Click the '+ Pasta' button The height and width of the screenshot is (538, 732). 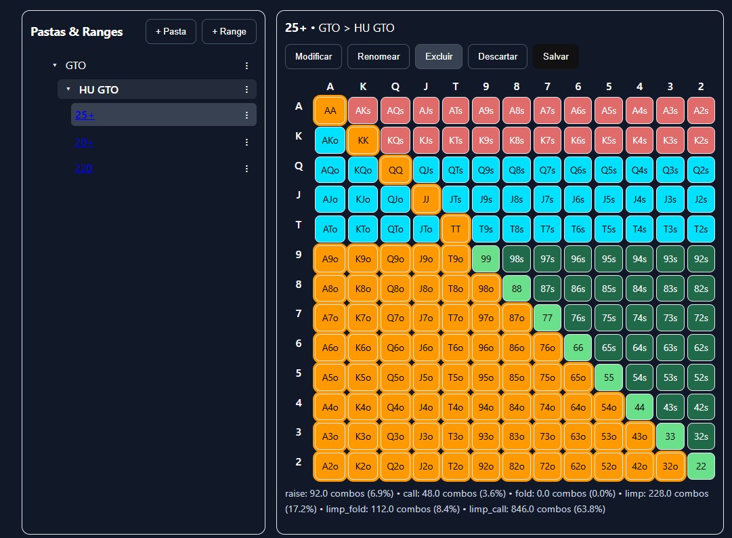(171, 32)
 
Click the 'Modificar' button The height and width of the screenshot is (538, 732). (314, 57)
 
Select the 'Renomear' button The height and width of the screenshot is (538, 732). (379, 57)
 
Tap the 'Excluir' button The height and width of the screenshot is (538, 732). (438, 57)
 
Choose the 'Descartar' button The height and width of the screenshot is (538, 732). (498, 57)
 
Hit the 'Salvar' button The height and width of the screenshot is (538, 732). (555, 57)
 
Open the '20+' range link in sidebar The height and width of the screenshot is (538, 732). (84, 142)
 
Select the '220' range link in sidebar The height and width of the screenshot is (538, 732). (83, 169)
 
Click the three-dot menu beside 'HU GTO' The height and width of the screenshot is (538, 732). (246, 89)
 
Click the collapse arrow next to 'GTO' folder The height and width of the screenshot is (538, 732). (55, 66)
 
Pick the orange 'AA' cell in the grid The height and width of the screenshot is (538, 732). (330, 110)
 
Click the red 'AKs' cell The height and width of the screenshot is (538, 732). (363, 110)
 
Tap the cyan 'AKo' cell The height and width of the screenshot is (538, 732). (330, 140)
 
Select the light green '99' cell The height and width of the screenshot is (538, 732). (486, 259)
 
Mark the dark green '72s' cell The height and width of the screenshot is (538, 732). (701, 318)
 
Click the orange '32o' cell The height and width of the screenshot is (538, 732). (670, 466)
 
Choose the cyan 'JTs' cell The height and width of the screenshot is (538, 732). (456, 200)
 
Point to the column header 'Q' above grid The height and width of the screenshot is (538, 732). (395, 87)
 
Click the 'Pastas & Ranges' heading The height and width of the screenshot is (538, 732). (77, 32)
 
